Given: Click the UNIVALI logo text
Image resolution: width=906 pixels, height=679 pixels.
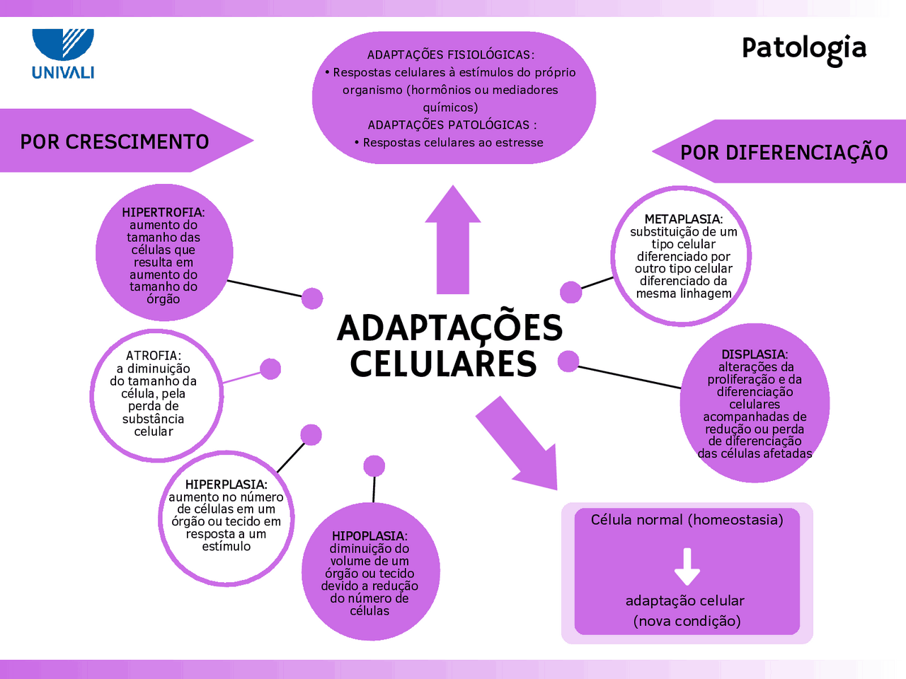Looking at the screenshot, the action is pos(63,73).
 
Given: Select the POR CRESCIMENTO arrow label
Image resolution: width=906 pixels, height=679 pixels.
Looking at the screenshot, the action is pos(115,142).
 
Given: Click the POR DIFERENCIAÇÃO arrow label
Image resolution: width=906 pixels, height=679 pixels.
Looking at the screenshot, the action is pos(784,152).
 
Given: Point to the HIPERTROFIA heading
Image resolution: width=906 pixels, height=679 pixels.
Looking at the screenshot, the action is pos(163,212).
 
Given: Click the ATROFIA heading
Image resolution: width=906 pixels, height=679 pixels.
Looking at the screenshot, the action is pos(153,355).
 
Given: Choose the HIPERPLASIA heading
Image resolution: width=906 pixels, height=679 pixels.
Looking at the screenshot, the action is pos(226,484).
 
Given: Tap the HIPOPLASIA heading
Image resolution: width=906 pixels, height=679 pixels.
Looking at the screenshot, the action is pos(369,536).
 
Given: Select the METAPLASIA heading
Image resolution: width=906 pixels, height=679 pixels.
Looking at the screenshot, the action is pos(684,219).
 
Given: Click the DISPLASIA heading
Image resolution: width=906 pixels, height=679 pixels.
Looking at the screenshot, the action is pos(755,354).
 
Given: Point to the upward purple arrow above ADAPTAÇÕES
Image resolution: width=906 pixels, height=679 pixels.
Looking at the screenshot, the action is pos(453,240).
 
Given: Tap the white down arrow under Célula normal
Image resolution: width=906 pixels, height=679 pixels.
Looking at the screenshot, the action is pos(687,567).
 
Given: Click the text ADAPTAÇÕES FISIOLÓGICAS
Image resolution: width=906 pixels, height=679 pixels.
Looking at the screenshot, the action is pos(450,55).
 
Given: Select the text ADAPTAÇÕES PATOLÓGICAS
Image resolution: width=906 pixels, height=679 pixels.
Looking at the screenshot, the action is pos(452,125).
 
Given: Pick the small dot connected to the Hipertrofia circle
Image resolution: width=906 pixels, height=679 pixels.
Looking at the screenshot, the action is pos(312,298).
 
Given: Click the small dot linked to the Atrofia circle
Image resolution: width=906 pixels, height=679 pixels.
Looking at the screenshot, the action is pos(270,368).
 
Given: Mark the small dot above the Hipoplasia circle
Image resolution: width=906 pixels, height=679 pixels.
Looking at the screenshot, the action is pos(374,466).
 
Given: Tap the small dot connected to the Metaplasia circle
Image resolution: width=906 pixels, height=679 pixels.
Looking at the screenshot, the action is pos(570,292).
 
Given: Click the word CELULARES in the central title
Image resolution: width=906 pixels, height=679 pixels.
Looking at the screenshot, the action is pos(443,364).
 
